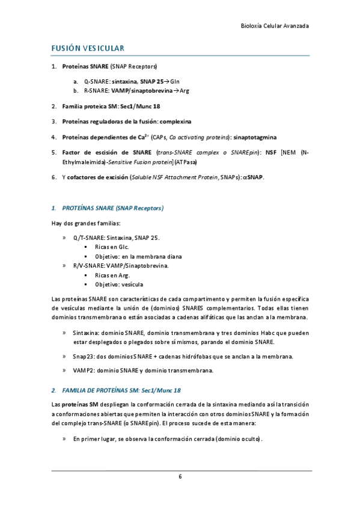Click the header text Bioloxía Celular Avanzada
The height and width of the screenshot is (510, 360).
[x=275, y=26]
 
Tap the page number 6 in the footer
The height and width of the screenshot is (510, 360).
[x=180, y=476]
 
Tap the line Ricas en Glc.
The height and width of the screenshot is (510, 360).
[x=112, y=247]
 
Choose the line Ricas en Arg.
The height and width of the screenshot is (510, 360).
[x=112, y=275]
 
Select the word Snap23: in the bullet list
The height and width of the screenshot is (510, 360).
[x=84, y=356]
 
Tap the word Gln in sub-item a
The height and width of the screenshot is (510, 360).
[x=175, y=81]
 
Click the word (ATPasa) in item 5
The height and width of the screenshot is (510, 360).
[x=188, y=162]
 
